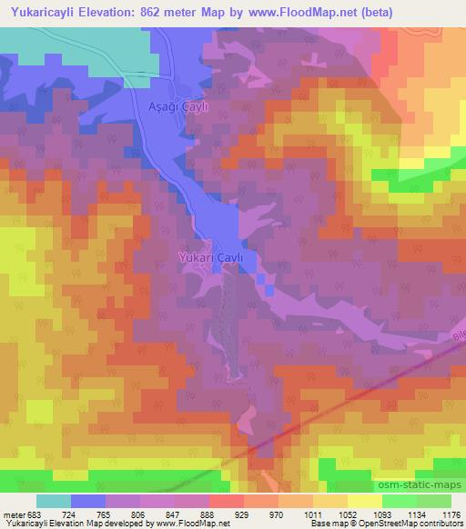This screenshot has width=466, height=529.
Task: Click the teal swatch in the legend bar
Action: pos(54,501)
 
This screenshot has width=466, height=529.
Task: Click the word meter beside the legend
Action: pos(12,514)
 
